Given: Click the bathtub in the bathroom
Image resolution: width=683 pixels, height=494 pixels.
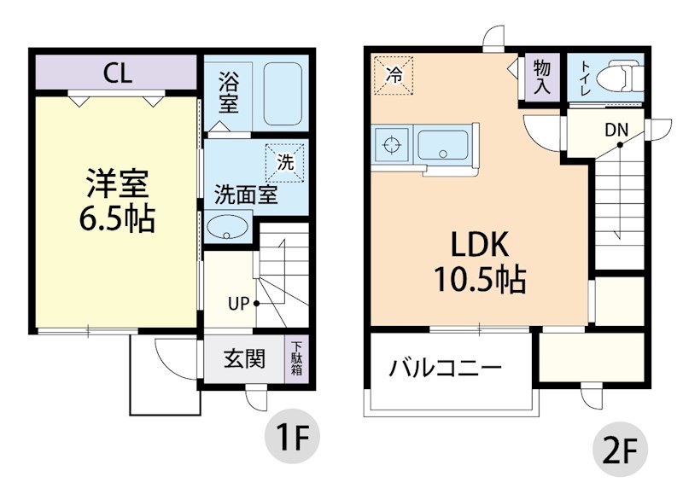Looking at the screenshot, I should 283,94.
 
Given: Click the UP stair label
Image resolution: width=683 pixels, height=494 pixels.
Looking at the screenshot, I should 238,302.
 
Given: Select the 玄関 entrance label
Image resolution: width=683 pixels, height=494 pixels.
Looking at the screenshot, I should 244,359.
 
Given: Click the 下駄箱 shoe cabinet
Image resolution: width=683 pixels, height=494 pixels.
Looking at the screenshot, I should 296,359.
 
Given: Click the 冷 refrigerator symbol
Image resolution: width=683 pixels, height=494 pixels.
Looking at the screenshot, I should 394,73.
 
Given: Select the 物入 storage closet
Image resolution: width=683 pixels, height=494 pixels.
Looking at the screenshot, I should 541,77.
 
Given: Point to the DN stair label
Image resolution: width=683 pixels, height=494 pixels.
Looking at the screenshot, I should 616,131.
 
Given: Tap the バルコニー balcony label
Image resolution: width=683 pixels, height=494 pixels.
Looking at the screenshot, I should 445,369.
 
